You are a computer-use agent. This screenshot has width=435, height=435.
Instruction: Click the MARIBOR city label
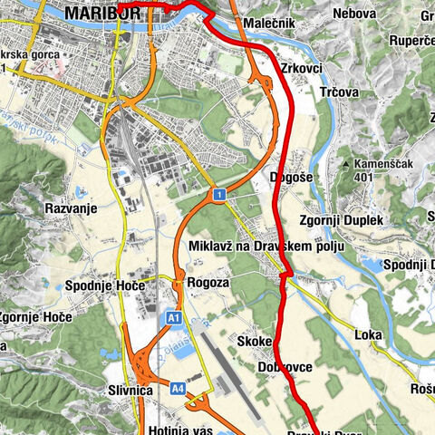point(102,14)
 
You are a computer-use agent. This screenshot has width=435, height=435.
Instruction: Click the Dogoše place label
point(291,178)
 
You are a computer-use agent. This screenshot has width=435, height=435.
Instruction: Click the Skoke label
point(254,342)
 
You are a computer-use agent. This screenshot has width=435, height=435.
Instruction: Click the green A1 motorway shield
point(174,318)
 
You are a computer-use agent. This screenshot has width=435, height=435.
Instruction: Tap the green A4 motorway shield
point(177,388)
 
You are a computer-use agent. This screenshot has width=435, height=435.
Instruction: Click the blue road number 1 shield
point(218,195)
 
